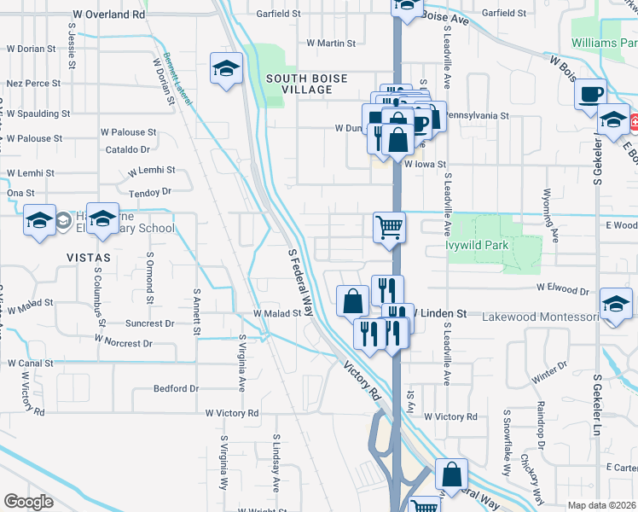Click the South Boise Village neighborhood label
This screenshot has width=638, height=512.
pos(306,84)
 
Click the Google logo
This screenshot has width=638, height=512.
pos(27,501)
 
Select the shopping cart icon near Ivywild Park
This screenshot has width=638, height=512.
pos(388,228)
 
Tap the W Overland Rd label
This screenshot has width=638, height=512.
pos(109,15)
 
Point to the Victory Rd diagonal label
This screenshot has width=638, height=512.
pos(362,381)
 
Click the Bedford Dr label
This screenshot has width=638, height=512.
pos(176,388)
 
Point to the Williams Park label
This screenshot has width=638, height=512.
pos(605,42)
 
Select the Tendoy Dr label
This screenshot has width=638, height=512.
pos(149,192)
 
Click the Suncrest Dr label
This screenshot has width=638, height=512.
pos(149,324)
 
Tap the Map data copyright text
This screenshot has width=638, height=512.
pos(601,505)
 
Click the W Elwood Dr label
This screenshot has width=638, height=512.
pos(563,291)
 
